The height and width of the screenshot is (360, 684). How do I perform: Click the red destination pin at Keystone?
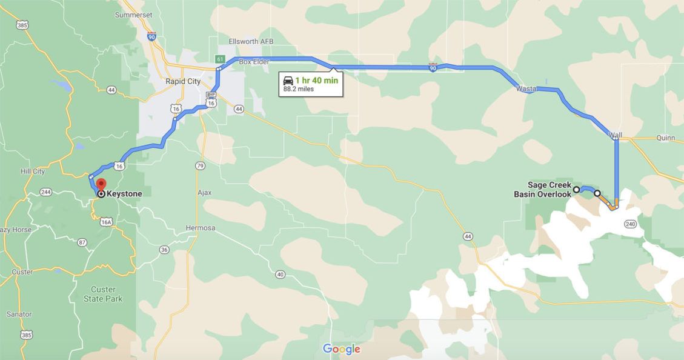(101, 184)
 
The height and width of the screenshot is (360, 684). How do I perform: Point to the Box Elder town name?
(253, 61)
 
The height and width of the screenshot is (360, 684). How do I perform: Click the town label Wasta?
(526, 88)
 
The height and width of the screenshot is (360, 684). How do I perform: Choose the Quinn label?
(665, 138)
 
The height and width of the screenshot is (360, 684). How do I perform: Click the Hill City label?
(33, 172)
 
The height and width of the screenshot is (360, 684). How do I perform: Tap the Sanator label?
(19, 314)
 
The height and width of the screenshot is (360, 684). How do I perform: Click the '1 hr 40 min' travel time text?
(317, 80)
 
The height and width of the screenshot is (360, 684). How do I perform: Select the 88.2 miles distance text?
(298, 89)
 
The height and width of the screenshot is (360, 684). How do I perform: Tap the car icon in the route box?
(288, 80)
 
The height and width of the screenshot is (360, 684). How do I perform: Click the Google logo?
(342, 349)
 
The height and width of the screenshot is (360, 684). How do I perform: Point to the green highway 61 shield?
(219, 59)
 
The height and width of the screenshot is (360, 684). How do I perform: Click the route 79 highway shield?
(201, 165)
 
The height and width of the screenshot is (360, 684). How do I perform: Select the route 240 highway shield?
(629, 224)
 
